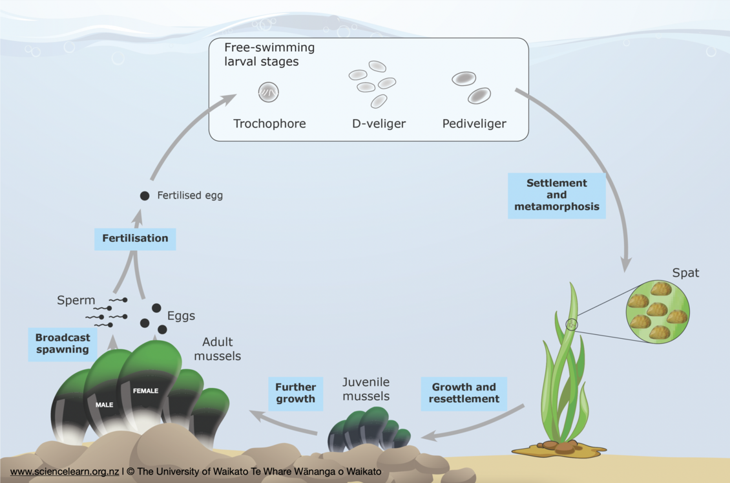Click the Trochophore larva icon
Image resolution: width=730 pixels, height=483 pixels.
[x=268, y=92]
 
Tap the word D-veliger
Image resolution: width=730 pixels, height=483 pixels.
[x=379, y=123]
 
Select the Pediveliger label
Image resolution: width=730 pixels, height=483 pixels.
[x=474, y=123]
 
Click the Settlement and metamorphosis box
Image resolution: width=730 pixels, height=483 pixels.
[x=556, y=195]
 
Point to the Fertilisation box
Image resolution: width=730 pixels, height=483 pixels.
[x=135, y=238]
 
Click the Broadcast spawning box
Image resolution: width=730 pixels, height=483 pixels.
[x=62, y=343]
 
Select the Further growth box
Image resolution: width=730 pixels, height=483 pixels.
[x=295, y=393]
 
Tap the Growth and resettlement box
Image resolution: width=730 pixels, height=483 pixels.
[x=464, y=393]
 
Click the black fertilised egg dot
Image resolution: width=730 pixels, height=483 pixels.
[x=145, y=195]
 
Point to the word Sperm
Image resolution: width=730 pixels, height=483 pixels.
[x=76, y=301]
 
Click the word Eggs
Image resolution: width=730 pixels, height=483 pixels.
[x=181, y=316]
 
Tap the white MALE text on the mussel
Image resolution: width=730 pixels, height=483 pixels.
[x=104, y=405]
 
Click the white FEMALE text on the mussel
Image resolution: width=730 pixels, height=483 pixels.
[x=145, y=391]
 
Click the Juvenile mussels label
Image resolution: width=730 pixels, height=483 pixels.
[x=366, y=389]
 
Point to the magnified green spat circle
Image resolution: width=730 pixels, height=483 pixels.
[x=658, y=311]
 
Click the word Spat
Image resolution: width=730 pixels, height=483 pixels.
[x=685, y=273]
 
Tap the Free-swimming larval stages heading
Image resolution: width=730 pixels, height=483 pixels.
[x=269, y=55]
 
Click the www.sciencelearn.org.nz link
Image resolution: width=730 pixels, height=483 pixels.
[x=65, y=472]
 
